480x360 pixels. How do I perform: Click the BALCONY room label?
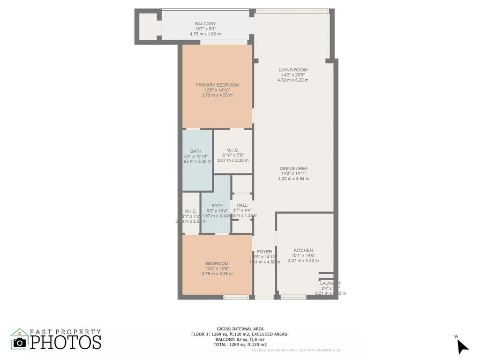click(x=205, y=24)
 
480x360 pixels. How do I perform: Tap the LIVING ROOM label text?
click(x=293, y=70)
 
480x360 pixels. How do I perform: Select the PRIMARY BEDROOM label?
click(x=217, y=85)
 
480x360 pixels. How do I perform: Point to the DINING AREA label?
click(x=293, y=168)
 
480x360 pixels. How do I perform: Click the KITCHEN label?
click(x=303, y=250)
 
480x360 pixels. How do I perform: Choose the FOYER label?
click(x=264, y=252)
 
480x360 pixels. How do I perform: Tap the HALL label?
click(x=242, y=205)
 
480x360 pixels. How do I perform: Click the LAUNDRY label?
click(x=330, y=283)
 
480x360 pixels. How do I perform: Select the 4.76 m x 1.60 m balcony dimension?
click(x=205, y=34)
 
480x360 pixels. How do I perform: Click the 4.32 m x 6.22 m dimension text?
click(x=293, y=80)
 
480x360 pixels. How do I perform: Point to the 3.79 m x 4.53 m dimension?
click(x=217, y=95)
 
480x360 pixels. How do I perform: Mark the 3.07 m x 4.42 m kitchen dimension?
click(x=303, y=261)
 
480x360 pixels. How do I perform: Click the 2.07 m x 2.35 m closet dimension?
click(x=233, y=160)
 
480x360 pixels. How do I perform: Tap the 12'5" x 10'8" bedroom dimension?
click(x=217, y=269)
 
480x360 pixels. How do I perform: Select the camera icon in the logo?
click(x=20, y=342)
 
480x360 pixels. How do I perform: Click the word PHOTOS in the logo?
click(x=66, y=342)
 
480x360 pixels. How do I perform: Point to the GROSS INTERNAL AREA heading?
click(x=240, y=329)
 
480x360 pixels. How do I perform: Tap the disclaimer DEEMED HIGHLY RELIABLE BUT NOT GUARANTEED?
click(x=296, y=350)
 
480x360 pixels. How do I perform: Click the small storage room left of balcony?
click(x=147, y=27)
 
